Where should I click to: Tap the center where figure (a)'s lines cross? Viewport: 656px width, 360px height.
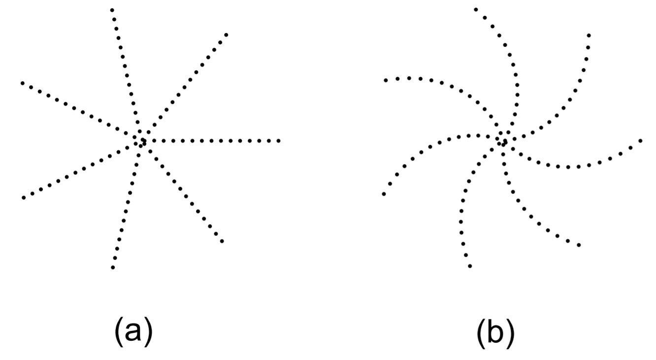pyautogui.click(x=140, y=141)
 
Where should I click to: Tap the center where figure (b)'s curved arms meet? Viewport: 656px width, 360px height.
pyautogui.click(x=502, y=141)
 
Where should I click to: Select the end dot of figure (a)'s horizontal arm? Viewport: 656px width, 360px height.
pyautogui.click(x=279, y=141)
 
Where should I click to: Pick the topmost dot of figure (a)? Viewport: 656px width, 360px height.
pyautogui.click(x=112, y=9)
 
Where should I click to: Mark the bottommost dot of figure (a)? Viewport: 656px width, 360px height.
pyautogui.click(x=113, y=267)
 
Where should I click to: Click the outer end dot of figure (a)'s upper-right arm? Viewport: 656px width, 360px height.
pyautogui.click(x=227, y=34)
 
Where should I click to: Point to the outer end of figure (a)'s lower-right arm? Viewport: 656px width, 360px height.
pyautogui.click(x=222, y=241)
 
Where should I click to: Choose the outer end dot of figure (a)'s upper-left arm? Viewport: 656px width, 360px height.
pyautogui.click(x=22, y=83)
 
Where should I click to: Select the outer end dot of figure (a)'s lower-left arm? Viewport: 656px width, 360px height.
pyautogui.click(x=23, y=197)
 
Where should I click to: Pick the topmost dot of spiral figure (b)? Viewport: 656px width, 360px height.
pyautogui.click(x=476, y=9)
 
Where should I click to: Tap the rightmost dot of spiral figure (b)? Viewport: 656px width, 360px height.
pyautogui.click(x=640, y=140)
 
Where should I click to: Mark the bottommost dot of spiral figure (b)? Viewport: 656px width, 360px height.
pyautogui.click(x=470, y=266)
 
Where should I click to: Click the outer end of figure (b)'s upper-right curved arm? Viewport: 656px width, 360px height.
pyautogui.click(x=589, y=35)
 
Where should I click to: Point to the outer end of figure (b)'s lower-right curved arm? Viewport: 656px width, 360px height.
pyautogui.click(x=579, y=245)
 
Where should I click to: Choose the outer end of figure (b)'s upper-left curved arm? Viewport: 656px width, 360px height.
pyautogui.click(x=385, y=80)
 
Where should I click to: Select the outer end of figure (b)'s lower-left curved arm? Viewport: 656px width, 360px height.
pyautogui.click(x=384, y=194)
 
